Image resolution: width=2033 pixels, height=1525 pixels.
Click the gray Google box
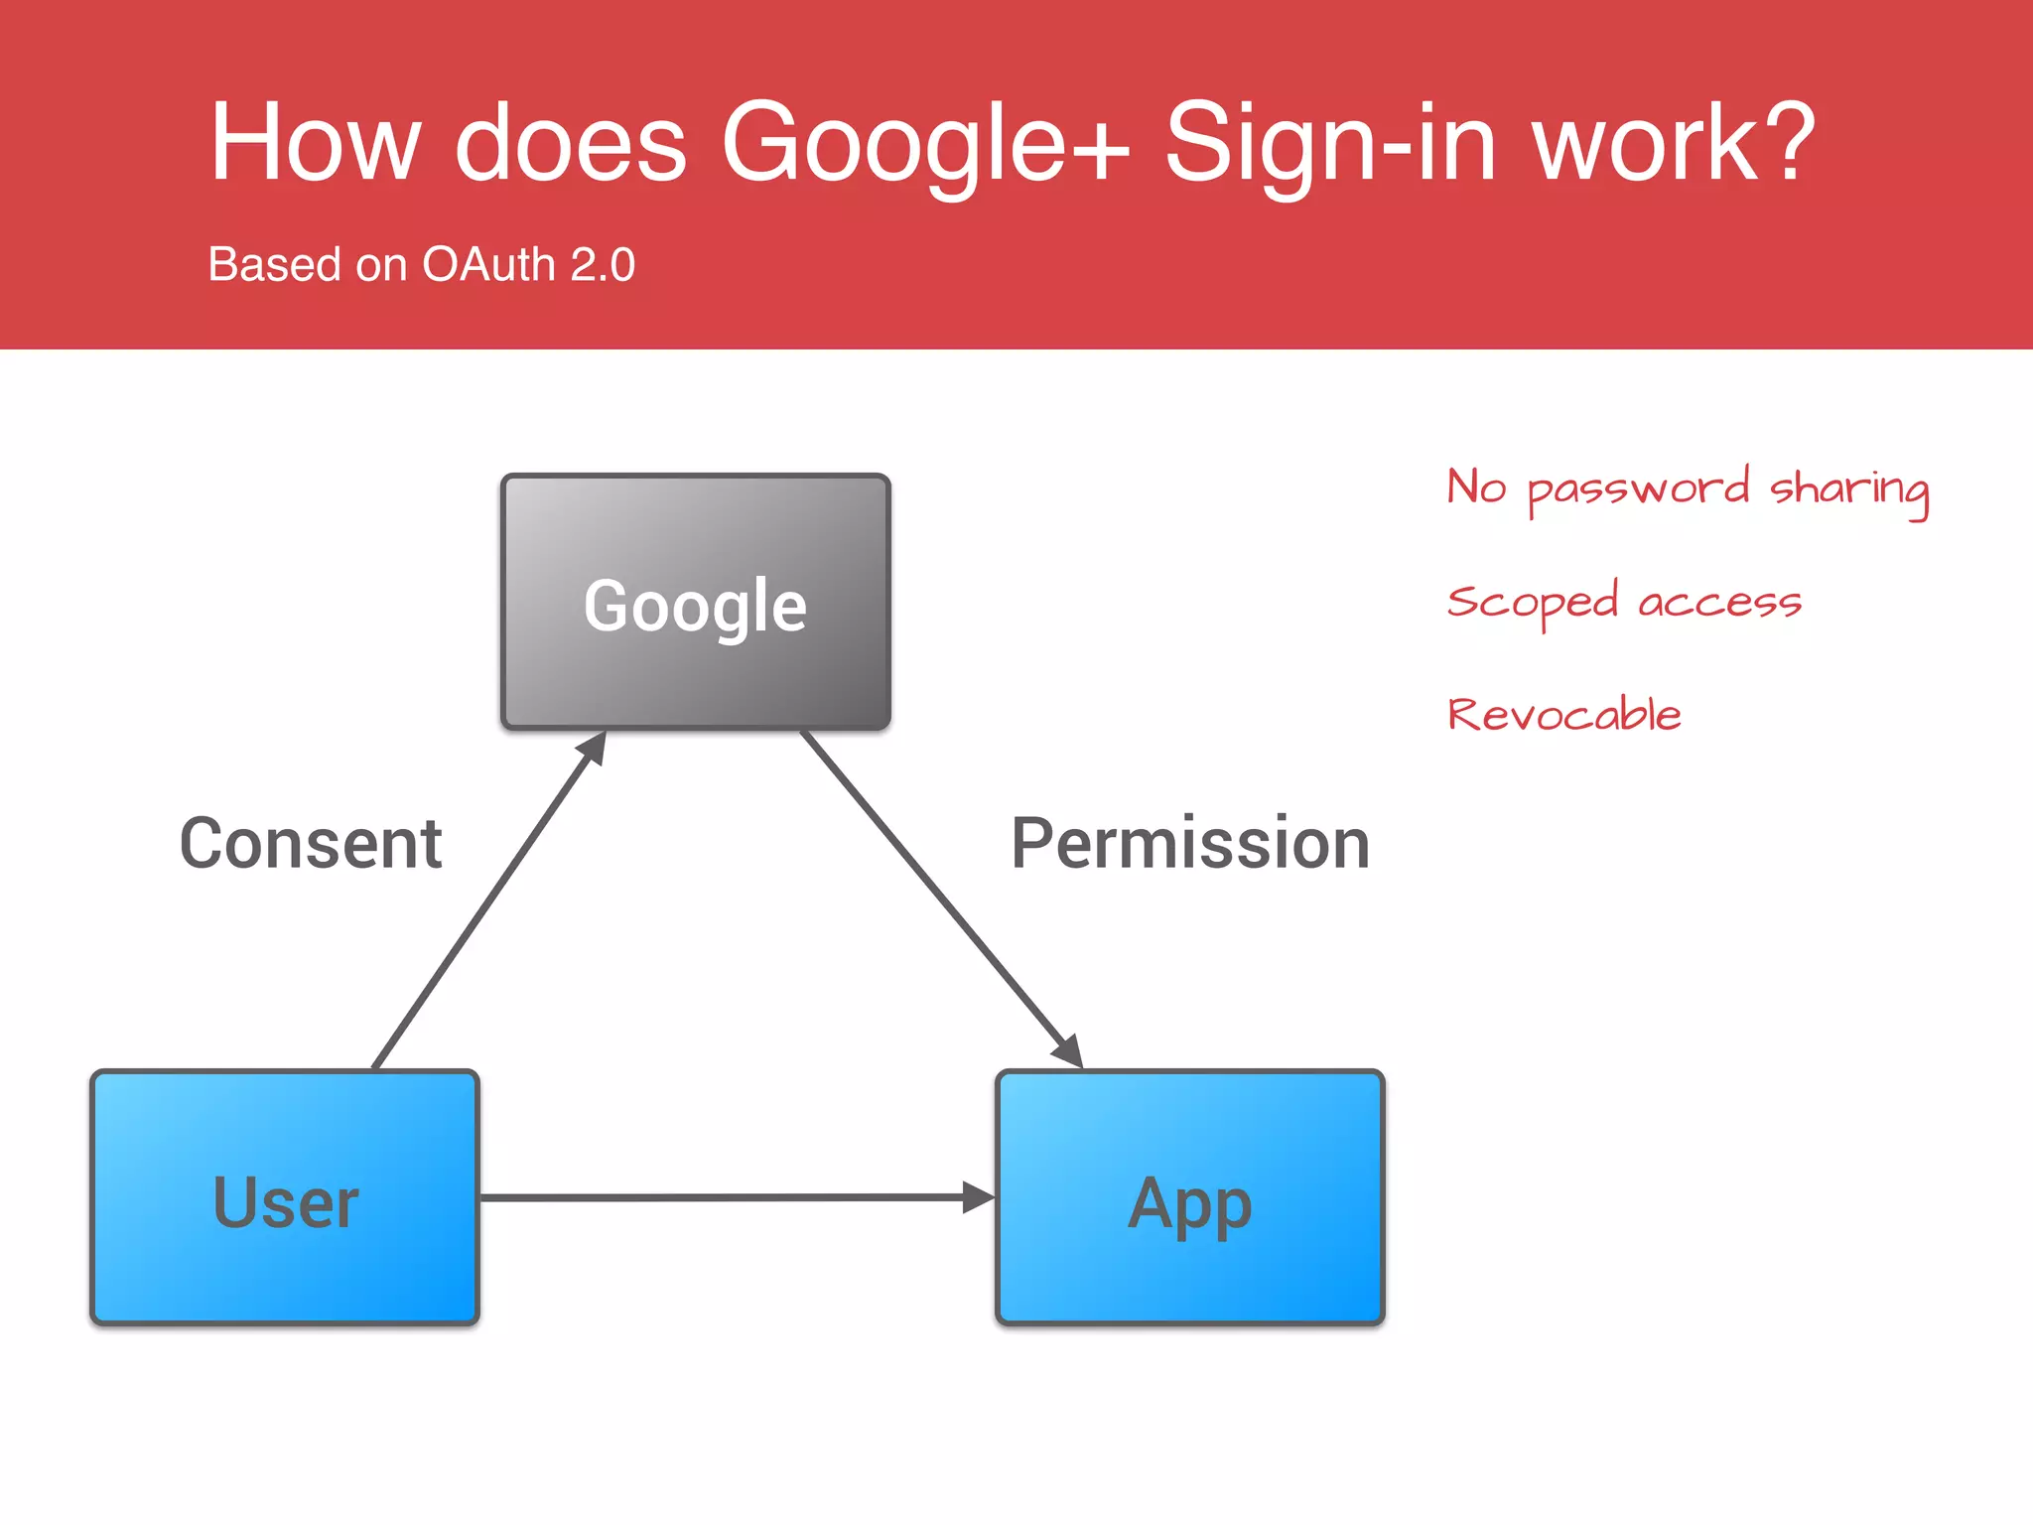point(695,602)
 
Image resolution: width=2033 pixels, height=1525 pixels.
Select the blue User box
point(285,1197)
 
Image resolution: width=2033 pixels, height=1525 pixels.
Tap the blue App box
point(1189,1197)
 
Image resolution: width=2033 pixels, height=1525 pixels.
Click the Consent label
point(311,844)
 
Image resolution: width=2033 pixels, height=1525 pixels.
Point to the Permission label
point(1190,844)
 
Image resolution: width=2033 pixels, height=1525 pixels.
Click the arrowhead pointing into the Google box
point(594,747)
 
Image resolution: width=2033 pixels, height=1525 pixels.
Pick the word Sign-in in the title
point(1330,144)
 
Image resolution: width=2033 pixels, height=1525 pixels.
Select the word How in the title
point(316,144)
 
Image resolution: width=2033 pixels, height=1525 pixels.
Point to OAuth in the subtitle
point(488,265)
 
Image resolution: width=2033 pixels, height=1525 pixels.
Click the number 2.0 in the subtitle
point(603,265)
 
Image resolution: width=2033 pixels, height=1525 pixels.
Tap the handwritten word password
point(1638,489)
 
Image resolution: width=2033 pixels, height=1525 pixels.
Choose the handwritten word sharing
point(1849,489)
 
